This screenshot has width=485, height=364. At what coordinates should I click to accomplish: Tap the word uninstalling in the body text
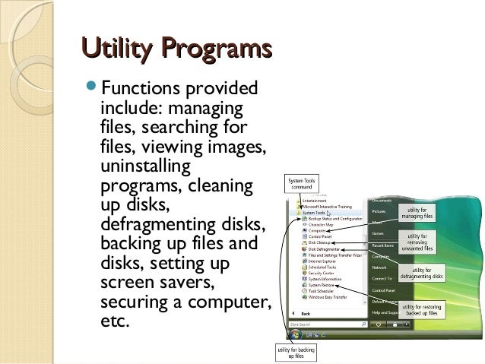pyautogui.click(x=145, y=166)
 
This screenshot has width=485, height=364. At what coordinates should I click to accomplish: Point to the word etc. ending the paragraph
pyautogui.click(x=116, y=321)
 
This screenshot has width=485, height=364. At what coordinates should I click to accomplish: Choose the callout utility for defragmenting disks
pyautogui.click(x=428, y=274)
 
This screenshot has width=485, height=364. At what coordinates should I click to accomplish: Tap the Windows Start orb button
pyautogui.click(x=295, y=333)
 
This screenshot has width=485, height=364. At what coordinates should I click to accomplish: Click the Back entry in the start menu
pyautogui.click(x=306, y=313)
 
